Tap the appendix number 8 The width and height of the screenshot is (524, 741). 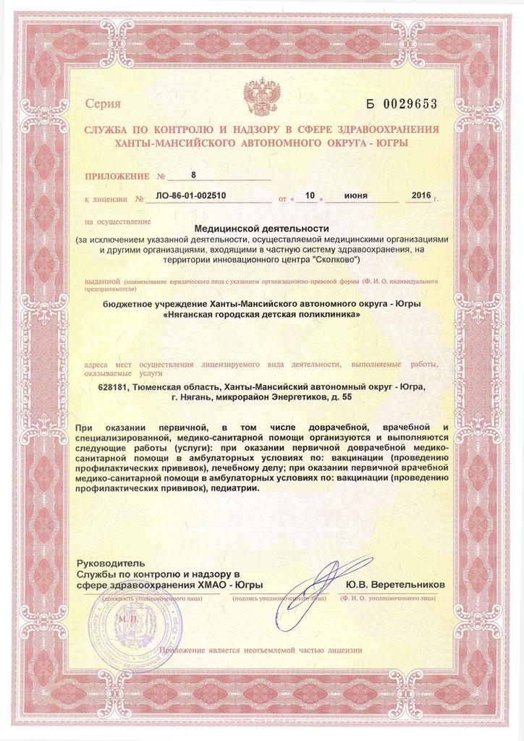[193, 175]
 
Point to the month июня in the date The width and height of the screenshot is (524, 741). [355, 195]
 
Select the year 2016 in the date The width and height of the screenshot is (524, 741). [421, 195]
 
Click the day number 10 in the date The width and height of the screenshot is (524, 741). [310, 195]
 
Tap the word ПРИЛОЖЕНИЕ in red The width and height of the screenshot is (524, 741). [114, 177]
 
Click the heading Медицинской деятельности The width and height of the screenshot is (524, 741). [262, 229]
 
